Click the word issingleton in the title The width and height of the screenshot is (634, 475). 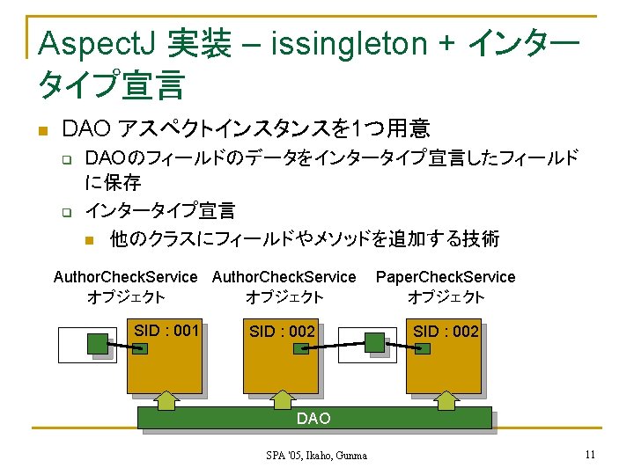tap(352, 42)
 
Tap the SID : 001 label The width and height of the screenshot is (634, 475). tap(166, 331)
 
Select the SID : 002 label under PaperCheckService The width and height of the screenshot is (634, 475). tap(446, 332)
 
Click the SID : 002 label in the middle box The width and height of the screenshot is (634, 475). tap(282, 332)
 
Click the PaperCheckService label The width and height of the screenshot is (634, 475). tap(446, 277)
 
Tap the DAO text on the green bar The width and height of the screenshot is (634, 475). tap(313, 419)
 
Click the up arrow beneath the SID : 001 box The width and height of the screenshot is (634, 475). tap(166, 400)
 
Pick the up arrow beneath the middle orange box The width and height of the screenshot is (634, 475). tap(281, 400)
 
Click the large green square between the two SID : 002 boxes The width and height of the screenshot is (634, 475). tap(375, 341)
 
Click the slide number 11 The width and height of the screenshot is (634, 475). tap(590, 455)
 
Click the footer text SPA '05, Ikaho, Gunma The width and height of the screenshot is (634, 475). tap(317, 456)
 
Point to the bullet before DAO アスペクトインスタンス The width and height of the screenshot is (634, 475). tap(41, 132)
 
